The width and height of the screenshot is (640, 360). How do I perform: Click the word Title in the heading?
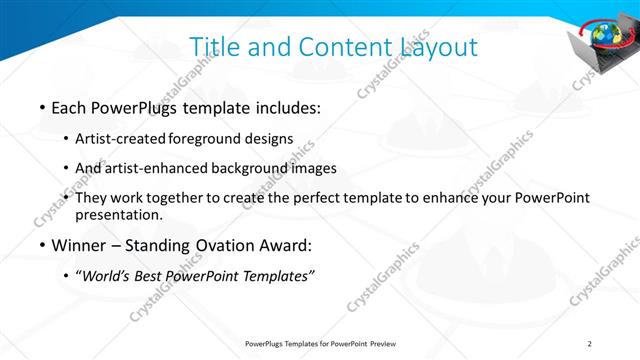tap(213, 47)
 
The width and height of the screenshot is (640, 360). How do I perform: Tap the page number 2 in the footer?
tap(590, 345)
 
